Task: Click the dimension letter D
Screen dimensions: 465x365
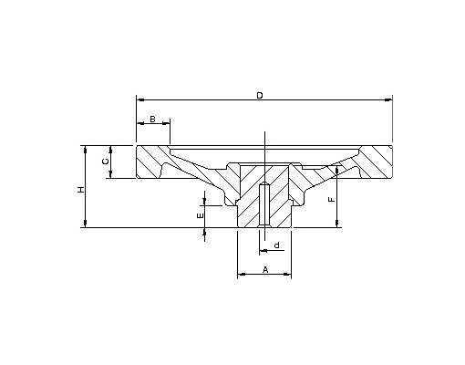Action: click(x=260, y=96)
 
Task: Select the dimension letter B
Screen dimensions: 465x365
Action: click(x=152, y=119)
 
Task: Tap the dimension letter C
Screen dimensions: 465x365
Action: click(x=105, y=162)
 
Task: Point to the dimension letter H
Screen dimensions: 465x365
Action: click(x=80, y=190)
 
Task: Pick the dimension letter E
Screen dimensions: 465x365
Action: click(x=200, y=216)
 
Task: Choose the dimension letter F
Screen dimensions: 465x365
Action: click(x=332, y=200)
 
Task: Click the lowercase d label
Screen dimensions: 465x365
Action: click(x=277, y=245)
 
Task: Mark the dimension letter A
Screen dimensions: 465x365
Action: click(x=265, y=269)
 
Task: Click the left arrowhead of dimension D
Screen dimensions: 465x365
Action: click(x=140, y=99)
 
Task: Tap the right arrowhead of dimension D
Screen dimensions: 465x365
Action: click(x=388, y=99)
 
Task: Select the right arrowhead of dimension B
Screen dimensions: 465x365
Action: click(x=166, y=123)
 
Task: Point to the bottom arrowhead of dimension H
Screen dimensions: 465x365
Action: click(x=86, y=224)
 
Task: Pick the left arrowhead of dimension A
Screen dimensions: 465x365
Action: click(x=242, y=274)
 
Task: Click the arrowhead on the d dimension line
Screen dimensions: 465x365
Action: click(x=263, y=250)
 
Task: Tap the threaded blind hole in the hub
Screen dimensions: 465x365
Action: click(x=264, y=204)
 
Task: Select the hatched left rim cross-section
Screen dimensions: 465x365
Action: click(x=150, y=162)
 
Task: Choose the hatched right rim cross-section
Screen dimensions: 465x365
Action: click(x=376, y=162)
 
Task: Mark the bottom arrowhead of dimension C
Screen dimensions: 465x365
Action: click(x=110, y=174)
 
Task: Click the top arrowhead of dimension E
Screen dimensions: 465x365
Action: click(x=204, y=202)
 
